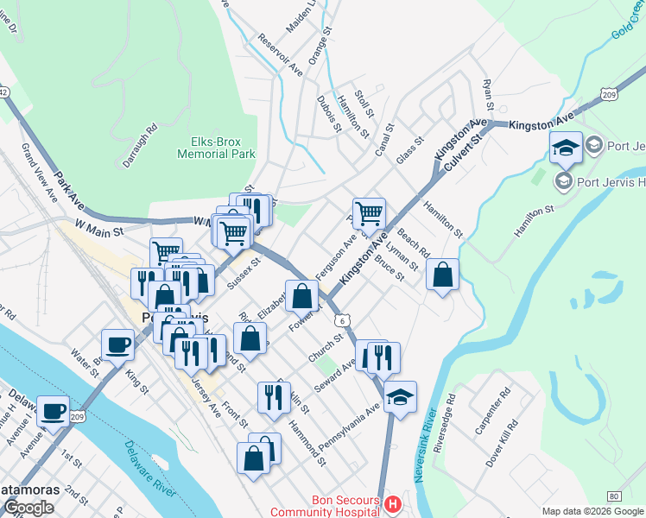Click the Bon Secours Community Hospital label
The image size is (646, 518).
345,506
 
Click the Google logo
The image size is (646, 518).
28,508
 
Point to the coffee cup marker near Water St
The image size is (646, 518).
118,344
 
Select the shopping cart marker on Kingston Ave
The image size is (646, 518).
369,212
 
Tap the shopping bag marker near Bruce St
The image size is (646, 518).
442,275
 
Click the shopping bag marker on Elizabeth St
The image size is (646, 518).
301,295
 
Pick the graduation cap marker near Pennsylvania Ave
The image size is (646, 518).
400,397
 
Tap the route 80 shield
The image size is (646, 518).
614,496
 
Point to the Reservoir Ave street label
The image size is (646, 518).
280,54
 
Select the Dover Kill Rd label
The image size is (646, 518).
501,443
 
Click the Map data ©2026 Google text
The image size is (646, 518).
592,511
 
